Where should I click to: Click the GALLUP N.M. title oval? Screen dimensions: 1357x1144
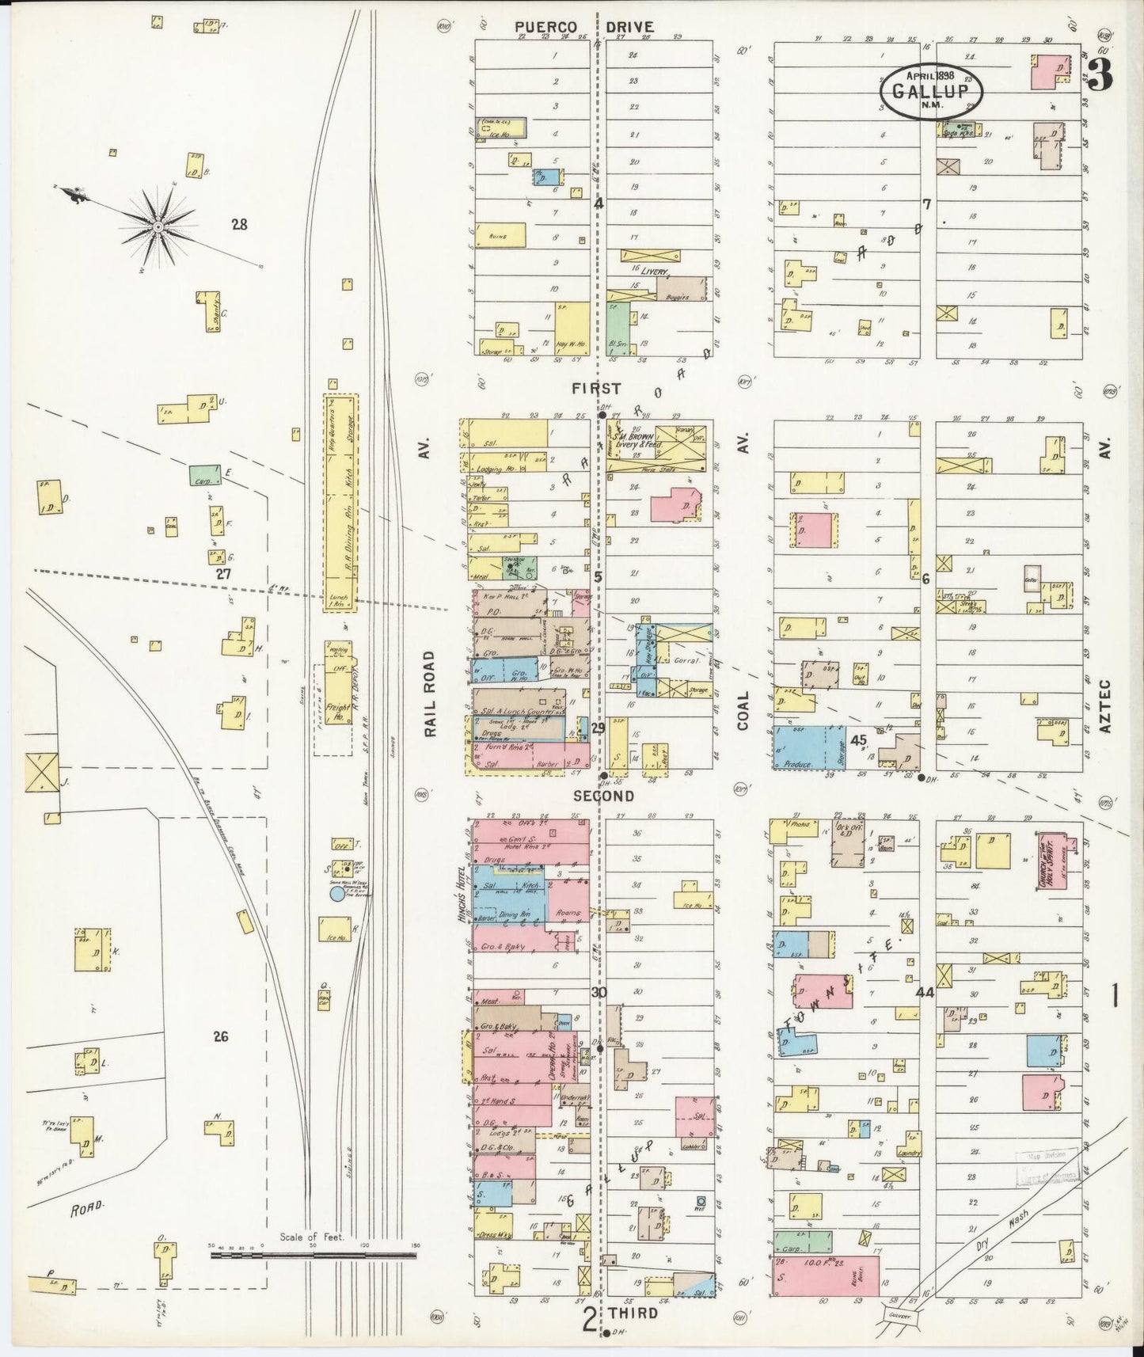[x=931, y=89]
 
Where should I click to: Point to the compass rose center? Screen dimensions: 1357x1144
[x=158, y=227]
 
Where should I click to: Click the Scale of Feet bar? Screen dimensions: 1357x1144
[x=314, y=1256]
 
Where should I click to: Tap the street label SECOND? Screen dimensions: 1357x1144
[x=603, y=796]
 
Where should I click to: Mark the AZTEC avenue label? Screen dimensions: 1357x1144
[x=1106, y=705]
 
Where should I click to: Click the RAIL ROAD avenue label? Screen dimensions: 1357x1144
[x=429, y=694]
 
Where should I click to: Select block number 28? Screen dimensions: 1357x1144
[x=239, y=225]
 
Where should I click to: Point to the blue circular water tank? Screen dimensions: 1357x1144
[x=337, y=894]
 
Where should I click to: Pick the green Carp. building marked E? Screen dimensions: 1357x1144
[x=204, y=475]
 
